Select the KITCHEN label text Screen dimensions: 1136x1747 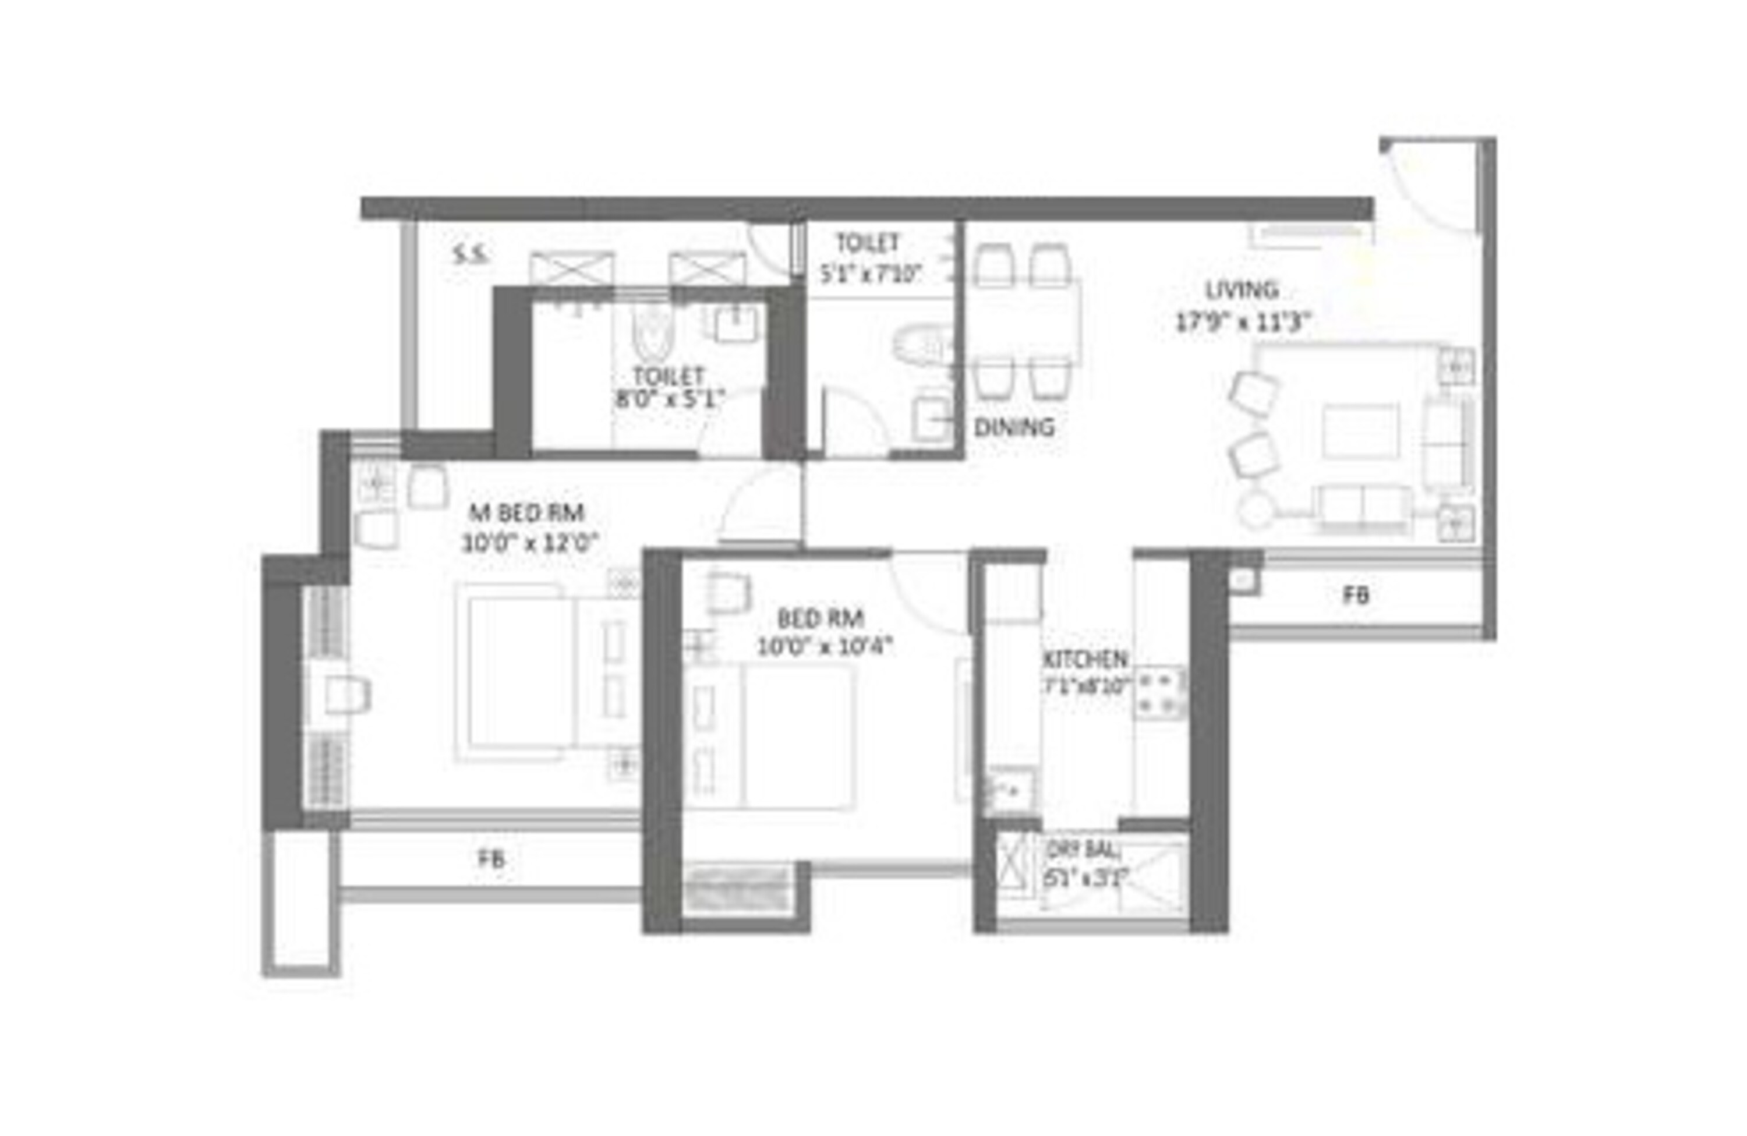(1085, 659)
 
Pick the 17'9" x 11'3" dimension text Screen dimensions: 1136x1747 (1243, 322)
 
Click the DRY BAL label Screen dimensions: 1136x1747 (1084, 851)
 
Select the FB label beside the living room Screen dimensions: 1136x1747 (1355, 595)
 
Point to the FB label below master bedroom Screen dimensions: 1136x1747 (491, 859)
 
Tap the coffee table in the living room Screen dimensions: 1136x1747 (1360, 431)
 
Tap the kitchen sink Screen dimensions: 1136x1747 (1009, 790)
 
